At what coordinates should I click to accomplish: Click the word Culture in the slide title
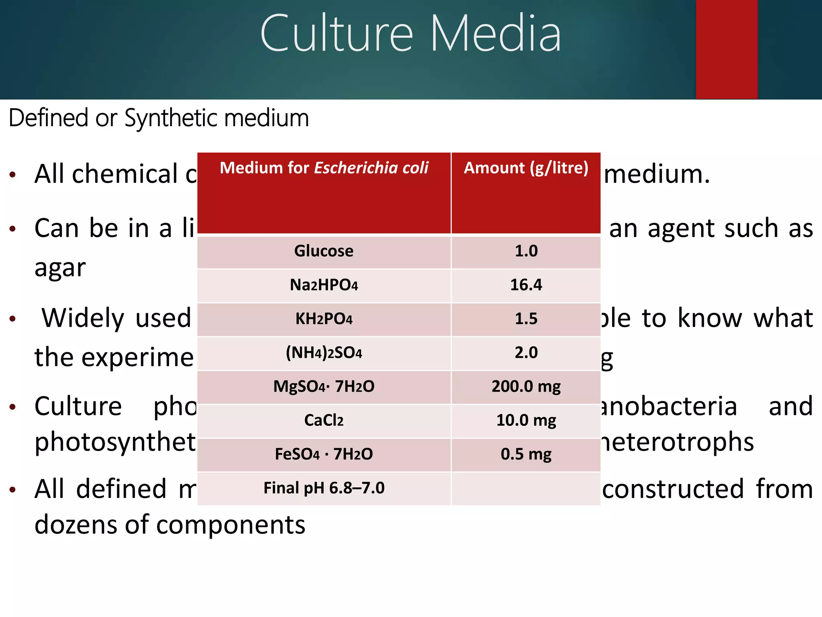336,34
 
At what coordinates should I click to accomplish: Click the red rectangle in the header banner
726,49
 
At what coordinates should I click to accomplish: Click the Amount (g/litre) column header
526,168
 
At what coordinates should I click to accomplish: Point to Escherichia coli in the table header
371,168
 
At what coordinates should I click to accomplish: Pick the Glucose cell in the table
324,251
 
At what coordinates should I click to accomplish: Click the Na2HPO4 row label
324,285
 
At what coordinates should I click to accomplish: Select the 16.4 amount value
526,285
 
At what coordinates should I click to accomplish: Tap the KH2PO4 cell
324,319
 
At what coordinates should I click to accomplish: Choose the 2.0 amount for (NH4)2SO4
526,353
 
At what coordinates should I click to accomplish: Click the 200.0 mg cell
526,386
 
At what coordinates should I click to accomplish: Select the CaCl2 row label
324,421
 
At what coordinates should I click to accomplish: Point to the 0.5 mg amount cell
526,454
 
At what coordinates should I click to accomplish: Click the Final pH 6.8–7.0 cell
324,488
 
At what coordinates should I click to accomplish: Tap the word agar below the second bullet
60,268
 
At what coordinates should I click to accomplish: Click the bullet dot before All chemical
13,175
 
